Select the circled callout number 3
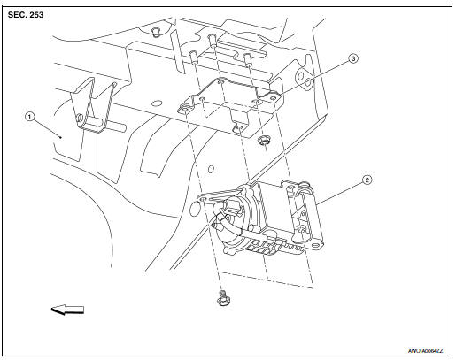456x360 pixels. pyautogui.click(x=352, y=59)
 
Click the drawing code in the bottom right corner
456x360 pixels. pyautogui.click(x=424, y=350)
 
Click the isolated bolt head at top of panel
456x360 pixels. pyautogui.click(x=155, y=33)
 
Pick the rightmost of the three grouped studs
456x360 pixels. pyautogui.click(x=249, y=60)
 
